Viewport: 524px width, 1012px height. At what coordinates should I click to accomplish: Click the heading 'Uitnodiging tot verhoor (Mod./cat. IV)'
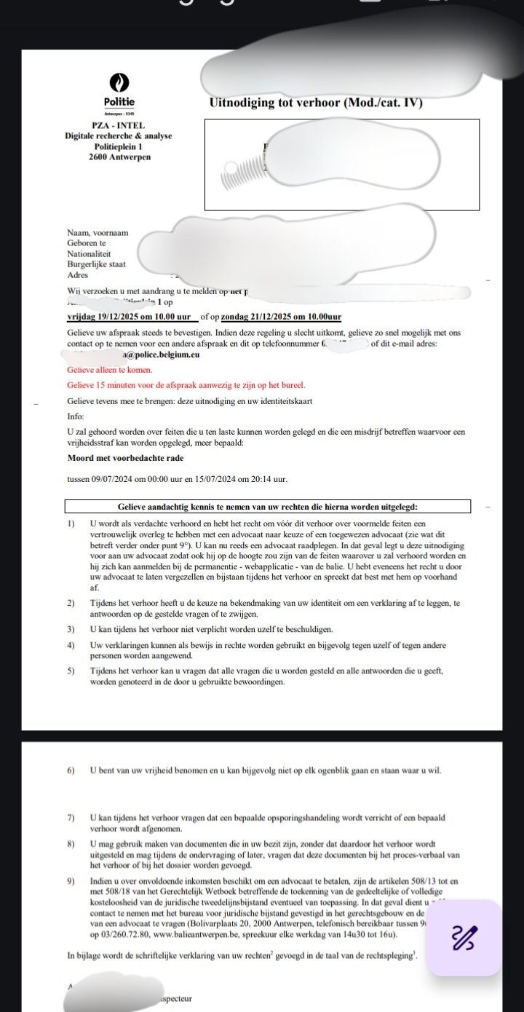316,102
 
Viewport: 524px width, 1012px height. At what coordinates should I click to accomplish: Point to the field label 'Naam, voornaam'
98,233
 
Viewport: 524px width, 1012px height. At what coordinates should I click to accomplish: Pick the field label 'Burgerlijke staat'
96,264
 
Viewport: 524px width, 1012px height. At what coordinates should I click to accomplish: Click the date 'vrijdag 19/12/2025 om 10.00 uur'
128,317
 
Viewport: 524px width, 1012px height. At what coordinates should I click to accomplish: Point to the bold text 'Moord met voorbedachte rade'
125,458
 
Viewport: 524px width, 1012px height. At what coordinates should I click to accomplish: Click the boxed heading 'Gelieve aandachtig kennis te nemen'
268,507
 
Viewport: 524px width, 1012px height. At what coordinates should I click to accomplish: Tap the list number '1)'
71,523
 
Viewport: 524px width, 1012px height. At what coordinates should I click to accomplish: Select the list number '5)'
71,671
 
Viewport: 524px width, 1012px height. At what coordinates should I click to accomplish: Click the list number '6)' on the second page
71,770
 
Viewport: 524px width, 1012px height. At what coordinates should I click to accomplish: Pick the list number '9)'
71,882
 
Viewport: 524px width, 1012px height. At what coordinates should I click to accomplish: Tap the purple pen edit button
464,937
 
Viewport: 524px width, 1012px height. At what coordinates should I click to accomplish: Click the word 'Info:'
76,418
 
